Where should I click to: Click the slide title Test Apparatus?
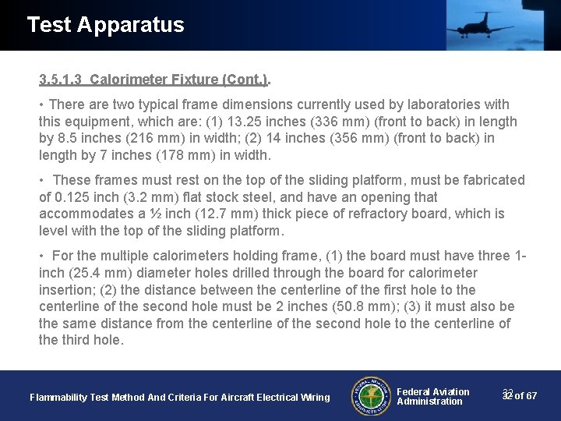(105, 25)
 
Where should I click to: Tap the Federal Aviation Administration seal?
(371, 396)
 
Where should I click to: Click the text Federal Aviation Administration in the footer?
(433, 397)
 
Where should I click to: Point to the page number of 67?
(520, 396)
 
